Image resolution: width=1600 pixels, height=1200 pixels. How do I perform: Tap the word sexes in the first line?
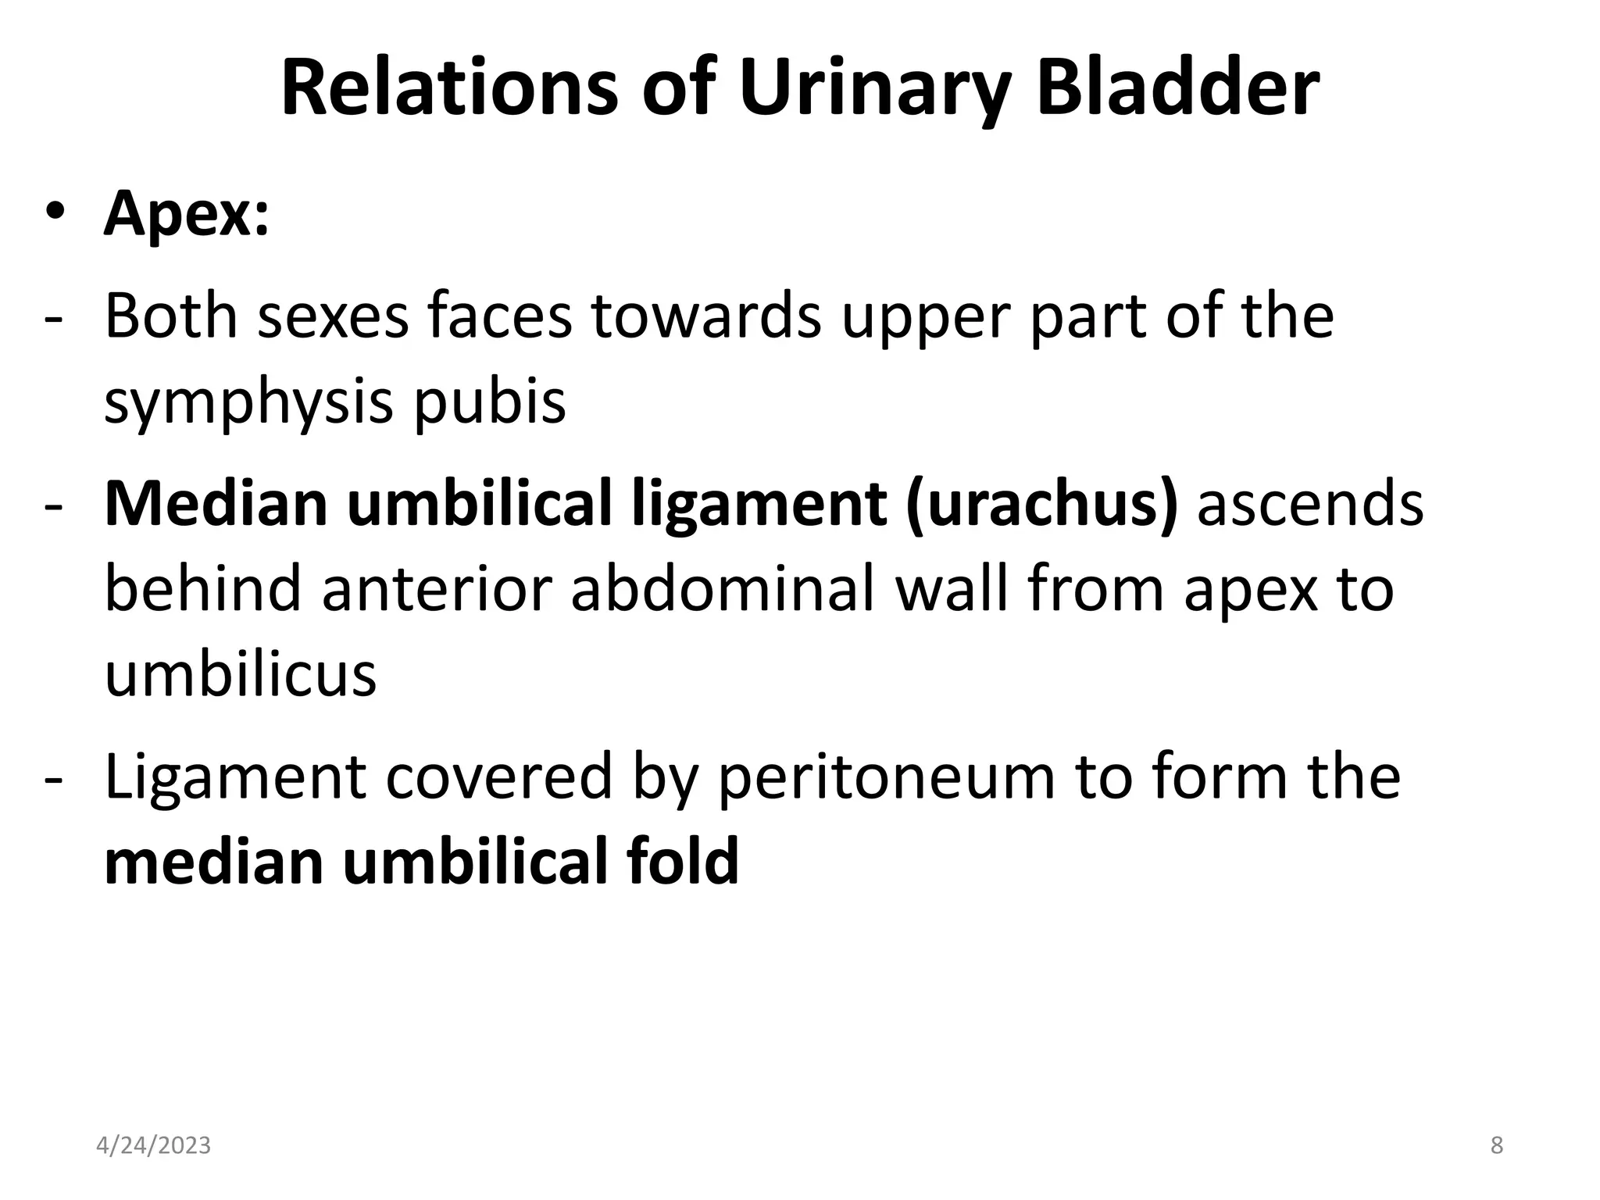tap(334, 316)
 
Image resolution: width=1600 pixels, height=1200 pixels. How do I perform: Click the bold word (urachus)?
tap(1041, 504)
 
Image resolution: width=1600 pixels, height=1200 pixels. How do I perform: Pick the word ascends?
tap(1310, 504)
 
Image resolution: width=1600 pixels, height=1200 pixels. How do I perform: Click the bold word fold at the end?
tap(682, 861)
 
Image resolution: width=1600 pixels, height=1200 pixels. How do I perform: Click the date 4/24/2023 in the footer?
tap(153, 1145)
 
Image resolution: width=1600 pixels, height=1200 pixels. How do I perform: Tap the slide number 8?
tap(1497, 1145)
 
